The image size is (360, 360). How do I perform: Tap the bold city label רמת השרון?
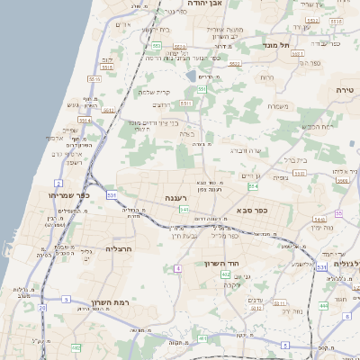[x=111, y=303]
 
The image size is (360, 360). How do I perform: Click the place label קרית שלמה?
[x=154, y=92]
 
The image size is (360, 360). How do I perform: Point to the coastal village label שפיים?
[x=70, y=130]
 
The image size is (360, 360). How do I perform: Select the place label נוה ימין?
[x=325, y=227]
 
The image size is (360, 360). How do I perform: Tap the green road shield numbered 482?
[x=76, y=346]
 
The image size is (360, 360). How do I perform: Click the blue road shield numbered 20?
[x=41, y=308]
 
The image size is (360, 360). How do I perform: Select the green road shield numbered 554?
[x=253, y=186]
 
